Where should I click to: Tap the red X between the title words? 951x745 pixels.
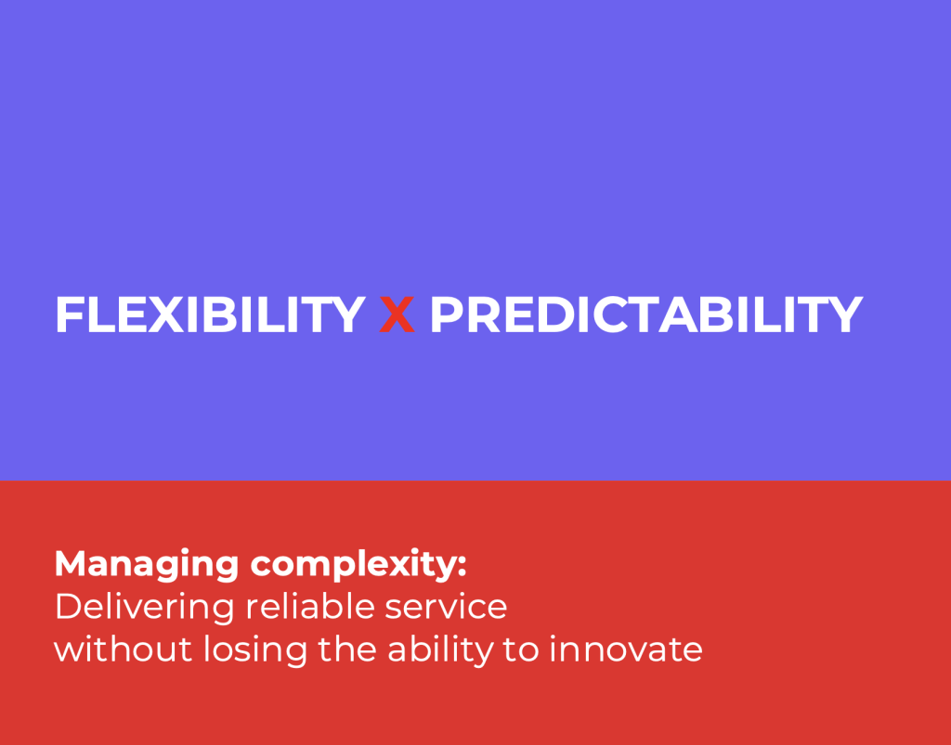397,315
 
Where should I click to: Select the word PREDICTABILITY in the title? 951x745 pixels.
646,315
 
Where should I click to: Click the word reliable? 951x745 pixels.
310,606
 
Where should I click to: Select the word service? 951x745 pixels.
447,609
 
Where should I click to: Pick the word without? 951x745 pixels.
124,649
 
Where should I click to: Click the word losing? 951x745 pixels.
255,651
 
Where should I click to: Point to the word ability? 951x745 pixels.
441,651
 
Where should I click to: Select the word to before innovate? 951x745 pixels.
521,650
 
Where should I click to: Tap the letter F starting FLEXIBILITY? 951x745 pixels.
69,315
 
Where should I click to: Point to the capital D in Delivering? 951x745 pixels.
69,607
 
